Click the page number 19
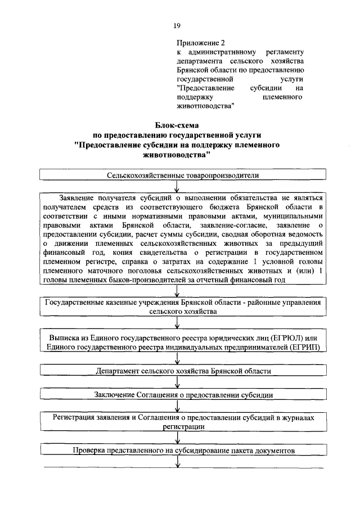pyautogui.click(x=177, y=26)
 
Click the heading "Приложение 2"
pyautogui.click(x=201, y=43)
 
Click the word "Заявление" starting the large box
pyautogui.click(x=76, y=197)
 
